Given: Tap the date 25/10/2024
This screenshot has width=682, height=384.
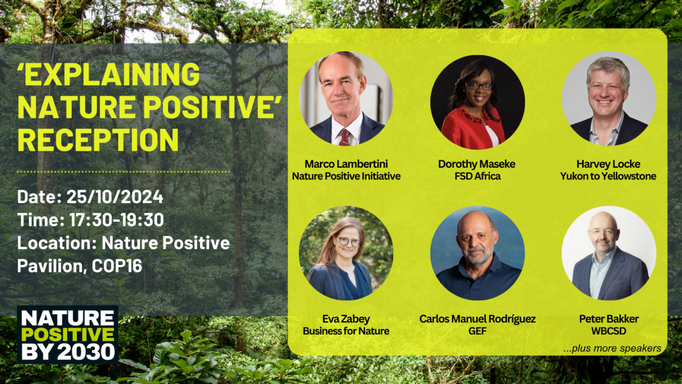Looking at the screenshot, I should pyautogui.click(x=115, y=197).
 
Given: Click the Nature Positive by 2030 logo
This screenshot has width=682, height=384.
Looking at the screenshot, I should pyautogui.click(x=67, y=335).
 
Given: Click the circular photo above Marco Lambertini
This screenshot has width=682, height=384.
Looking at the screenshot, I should pyautogui.click(x=346, y=99).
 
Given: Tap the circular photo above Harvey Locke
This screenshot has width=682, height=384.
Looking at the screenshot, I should pyautogui.click(x=608, y=99).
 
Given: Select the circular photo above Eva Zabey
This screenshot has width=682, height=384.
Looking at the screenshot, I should pyautogui.click(x=346, y=253).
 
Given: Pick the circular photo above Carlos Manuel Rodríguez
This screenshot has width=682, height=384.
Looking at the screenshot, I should pyautogui.click(x=477, y=253).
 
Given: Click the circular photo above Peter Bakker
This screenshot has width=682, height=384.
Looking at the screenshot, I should pyautogui.click(x=609, y=253).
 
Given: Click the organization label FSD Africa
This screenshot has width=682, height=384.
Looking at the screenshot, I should pyautogui.click(x=477, y=176).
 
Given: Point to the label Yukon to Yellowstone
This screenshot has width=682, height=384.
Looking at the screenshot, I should pyautogui.click(x=608, y=176).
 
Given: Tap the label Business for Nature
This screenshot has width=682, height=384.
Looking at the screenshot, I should pyautogui.click(x=346, y=331).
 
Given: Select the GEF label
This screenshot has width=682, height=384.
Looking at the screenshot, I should pyautogui.click(x=477, y=331).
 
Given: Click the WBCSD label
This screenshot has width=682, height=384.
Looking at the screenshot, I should pyautogui.click(x=609, y=331).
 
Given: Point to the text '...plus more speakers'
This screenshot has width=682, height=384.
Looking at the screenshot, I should pyautogui.click(x=612, y=348).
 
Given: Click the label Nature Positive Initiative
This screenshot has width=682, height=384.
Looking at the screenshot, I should pyautogui.click(x=346, y=176).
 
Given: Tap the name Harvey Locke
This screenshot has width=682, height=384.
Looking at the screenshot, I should pyautogui.click(x=608, y=164).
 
